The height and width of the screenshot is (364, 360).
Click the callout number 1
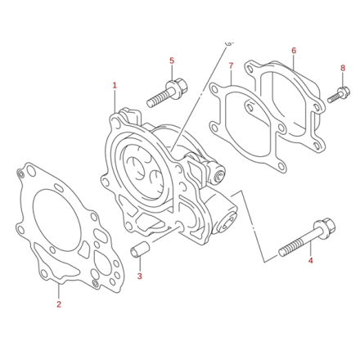pos(115,85)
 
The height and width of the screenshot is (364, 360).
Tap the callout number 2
pos(59,304)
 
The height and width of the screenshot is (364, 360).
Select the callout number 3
pos(139,276)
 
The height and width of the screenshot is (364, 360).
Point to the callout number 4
pos(310,261)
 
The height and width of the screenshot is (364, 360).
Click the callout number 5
pos(172,61)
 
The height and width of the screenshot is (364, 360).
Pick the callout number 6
pos(293,51)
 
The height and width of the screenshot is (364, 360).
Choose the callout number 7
pos(232,65)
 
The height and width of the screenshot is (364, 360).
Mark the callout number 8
pos(343,68)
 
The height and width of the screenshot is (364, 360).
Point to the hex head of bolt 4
pos(322,226)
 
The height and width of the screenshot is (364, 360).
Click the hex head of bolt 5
pos(178,85)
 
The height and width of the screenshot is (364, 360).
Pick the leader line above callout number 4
pos(310,249)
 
